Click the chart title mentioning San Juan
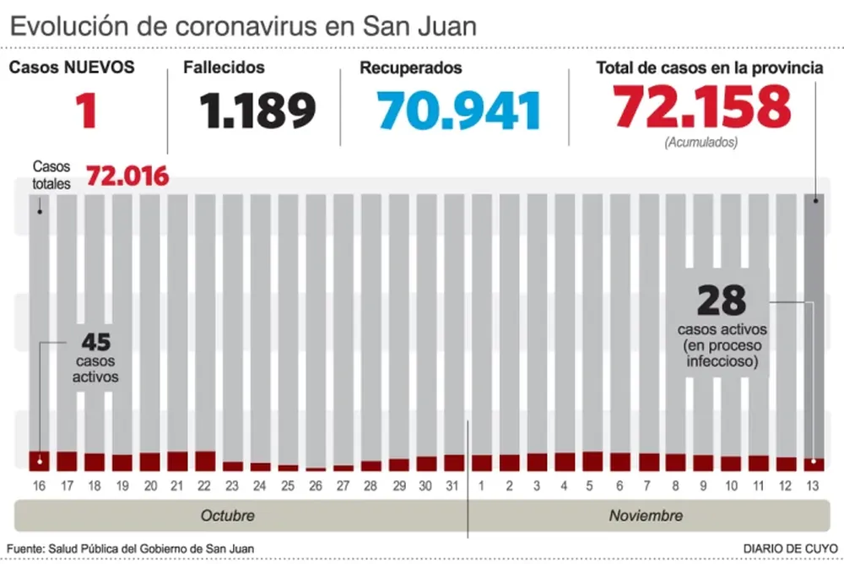pyautogui.click(x=243, y=26)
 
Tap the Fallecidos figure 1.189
pyautogui.click(x=257, y=111)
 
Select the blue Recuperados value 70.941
pyautogui.click(x=459, y=111)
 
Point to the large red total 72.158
pyautogui.click(x=702, y=107)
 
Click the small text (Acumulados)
pyautogui.click(x=701, y=143)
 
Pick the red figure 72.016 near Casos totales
pyautogui.click(x=127, y=176)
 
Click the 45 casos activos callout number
pyautogui.click(x=95, y=342)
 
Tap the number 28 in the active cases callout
pyautogui.click(x=722, y=301)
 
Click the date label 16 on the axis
pyautogui.click(x=39, y=485)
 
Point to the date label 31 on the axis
pyautogui.click(x=453, y=485)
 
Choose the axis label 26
pyautogui.click(x=315, y=485)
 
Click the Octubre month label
pyautogui.click(x=227, y=515)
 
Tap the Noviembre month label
pyautogui.click(x=646, y=515)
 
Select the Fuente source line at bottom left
pyautogui.click(x=131, y=548)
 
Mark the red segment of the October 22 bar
pyautogui.click(x=205, y=461)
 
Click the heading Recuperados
pyautogui.click(x=410, y=68)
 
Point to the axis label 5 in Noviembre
pyautogui.click(x=592, y=485)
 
